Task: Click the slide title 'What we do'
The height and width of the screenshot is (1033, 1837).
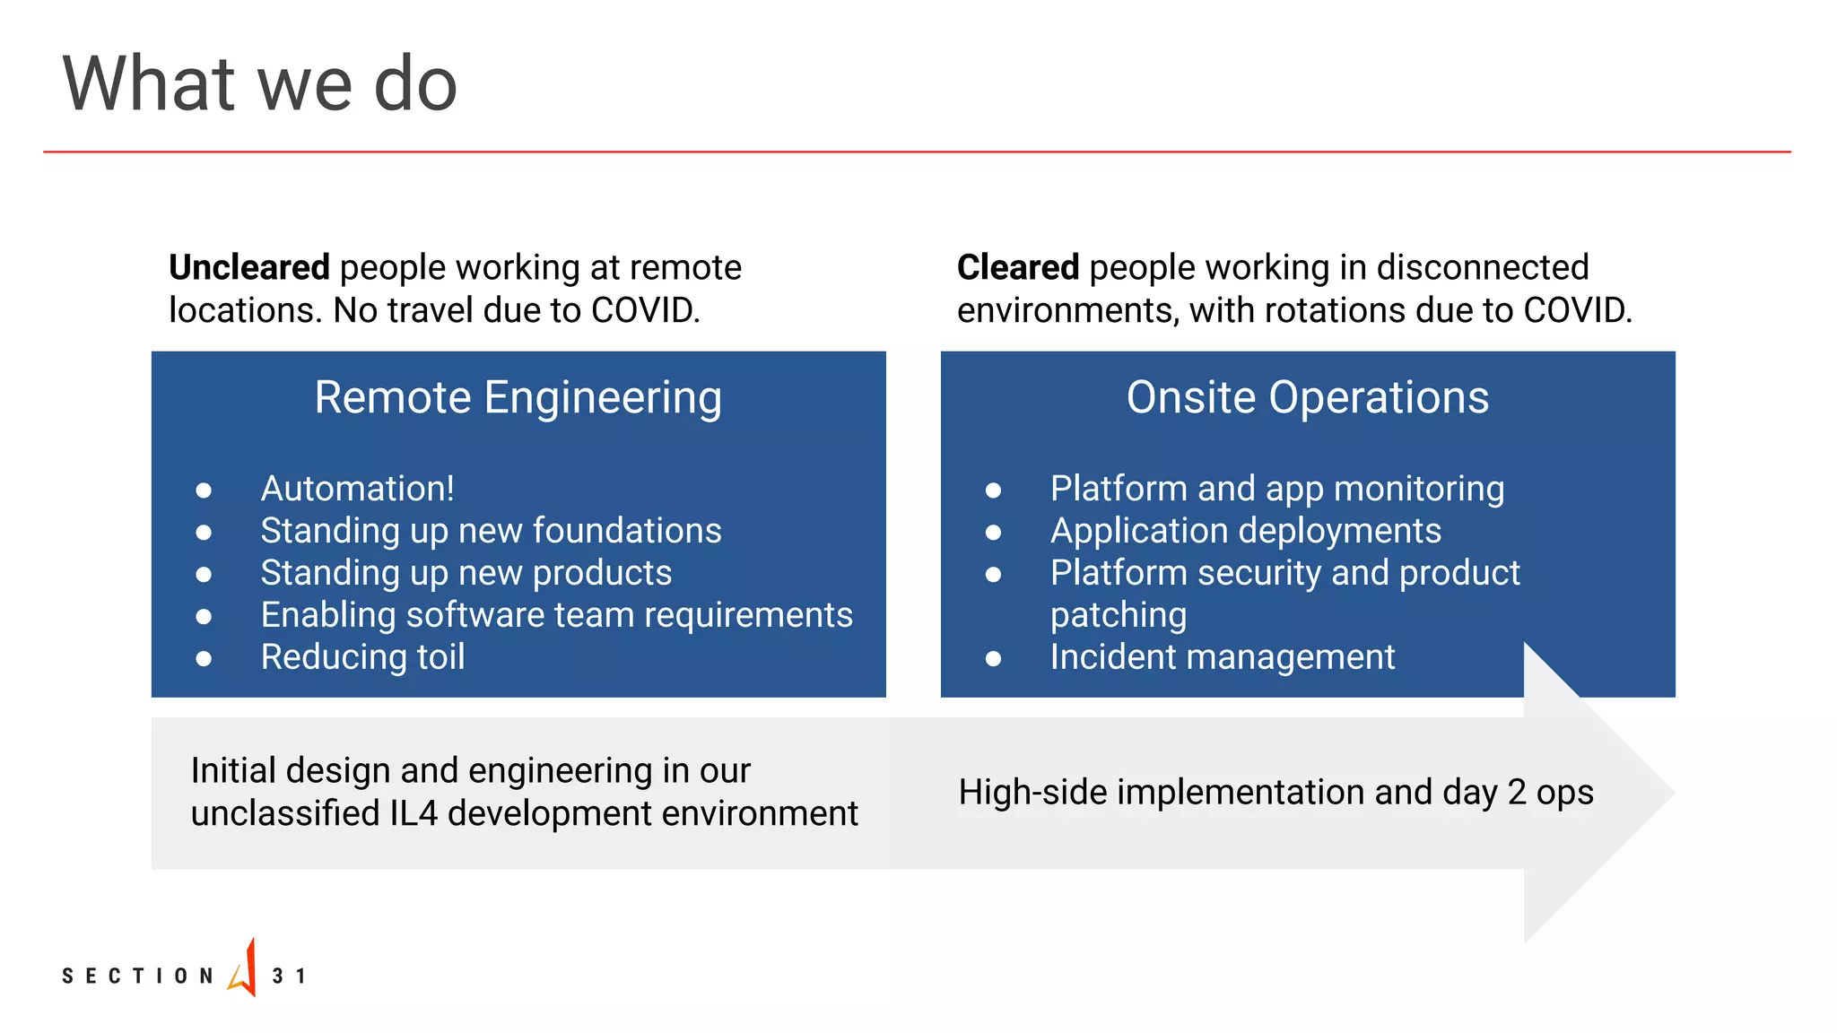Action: pos(260,84)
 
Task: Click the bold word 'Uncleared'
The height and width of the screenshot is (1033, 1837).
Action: pos(249,267)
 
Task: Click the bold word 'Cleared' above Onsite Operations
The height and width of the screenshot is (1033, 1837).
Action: pos(1018,267)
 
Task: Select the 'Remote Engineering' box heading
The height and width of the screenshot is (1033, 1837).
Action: pos(518,397)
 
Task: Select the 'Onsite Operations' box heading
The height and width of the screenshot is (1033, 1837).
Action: pos(1307,397)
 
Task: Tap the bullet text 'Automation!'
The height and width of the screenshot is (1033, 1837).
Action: pos(357,489)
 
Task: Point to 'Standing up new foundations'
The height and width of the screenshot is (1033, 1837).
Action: pos(491,531)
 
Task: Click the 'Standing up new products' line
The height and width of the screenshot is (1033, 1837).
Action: pos(466,573)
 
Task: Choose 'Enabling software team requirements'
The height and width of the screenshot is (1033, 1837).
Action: pos(556,615)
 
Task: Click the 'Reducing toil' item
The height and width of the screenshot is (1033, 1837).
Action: pos(362,657)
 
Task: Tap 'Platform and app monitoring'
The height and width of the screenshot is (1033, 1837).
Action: pos(1276,489)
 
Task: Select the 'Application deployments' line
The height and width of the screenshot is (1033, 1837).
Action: pos(1245,531)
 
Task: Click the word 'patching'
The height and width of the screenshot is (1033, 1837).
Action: pos(1118,615)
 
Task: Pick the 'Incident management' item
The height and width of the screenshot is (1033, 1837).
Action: pos(1222,657)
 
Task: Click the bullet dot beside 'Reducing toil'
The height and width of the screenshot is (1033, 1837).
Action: pos(204,659)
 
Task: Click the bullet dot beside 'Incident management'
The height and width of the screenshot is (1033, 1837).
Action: pos(993,659)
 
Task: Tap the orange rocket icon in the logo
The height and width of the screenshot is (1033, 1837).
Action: pos(244,968)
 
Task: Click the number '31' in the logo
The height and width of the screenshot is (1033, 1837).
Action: pos(289,976)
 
